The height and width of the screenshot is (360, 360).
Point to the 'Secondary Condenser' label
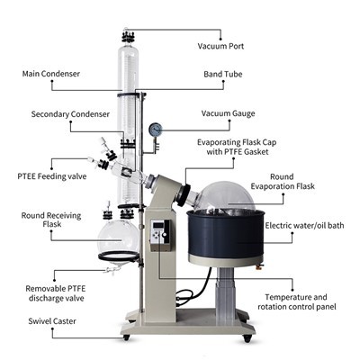pyautogui.click(x=70, y=114)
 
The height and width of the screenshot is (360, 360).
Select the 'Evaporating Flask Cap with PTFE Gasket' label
pyautogui.click(x=237, y=148)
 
